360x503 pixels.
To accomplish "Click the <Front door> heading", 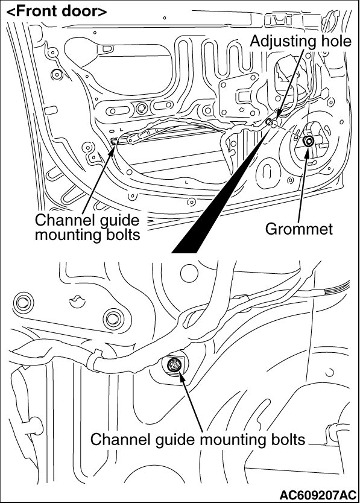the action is [57, 11].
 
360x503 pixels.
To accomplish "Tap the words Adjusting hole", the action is [301, 42].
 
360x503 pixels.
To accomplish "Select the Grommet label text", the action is [298, 229].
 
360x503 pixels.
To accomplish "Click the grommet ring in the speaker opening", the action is [309, 141].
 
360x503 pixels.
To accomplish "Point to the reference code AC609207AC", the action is [318, 495].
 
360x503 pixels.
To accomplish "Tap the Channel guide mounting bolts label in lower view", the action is [198, 440].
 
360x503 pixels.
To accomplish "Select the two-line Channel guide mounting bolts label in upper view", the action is [87, 227].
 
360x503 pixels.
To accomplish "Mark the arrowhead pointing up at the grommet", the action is [306, 151].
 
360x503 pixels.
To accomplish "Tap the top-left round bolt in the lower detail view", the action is [23, 302].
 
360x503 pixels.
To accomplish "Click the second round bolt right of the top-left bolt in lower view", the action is [113, 318].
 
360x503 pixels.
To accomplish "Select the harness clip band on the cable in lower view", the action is [93, 361].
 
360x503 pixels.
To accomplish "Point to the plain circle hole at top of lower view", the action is [189, 273].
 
